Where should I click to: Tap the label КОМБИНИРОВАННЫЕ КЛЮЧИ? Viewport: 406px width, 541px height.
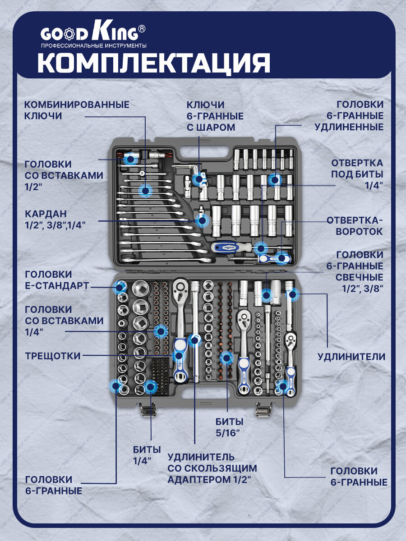click(x=77, y=110)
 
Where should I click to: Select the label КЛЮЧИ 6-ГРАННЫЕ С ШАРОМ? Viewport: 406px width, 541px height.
click(x=215, y=116)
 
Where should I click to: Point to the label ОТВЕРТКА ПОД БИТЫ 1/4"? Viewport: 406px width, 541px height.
click(x=357, y=174)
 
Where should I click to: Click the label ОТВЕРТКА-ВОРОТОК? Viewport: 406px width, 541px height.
click(x=355, y=225)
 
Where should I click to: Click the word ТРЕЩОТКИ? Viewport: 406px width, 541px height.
click(x=53, y=356)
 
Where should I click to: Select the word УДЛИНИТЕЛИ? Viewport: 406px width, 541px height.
click(x=351, y=357)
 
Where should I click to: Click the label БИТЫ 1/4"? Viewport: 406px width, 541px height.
click(x=147, y=455)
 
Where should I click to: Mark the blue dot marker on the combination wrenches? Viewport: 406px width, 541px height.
click(x=145, y=191)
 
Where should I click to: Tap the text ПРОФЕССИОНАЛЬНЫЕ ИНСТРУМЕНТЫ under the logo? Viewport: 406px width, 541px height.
click(x=93, y=46)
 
